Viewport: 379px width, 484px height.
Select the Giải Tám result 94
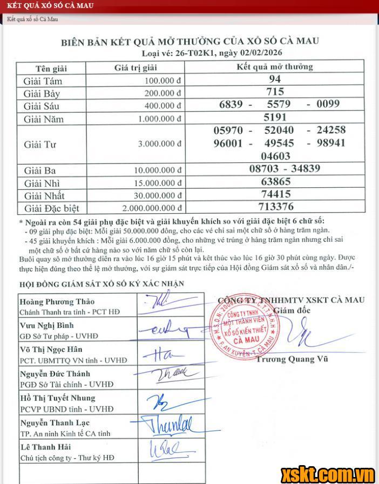coord(275,79)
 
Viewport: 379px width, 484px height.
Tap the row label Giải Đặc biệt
coord(51,208)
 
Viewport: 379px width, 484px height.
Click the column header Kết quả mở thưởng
coord(275,67)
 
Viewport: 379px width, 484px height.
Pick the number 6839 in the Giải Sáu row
coord(231,105)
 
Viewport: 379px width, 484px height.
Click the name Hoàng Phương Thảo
coord(57,302)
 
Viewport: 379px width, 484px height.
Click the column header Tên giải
coord(51,68)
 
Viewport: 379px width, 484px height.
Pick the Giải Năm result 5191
coord(275,117)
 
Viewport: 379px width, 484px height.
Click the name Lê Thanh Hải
coord(45,447)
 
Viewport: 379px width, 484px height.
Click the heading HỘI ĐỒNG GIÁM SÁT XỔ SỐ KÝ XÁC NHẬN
coord(101,283)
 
